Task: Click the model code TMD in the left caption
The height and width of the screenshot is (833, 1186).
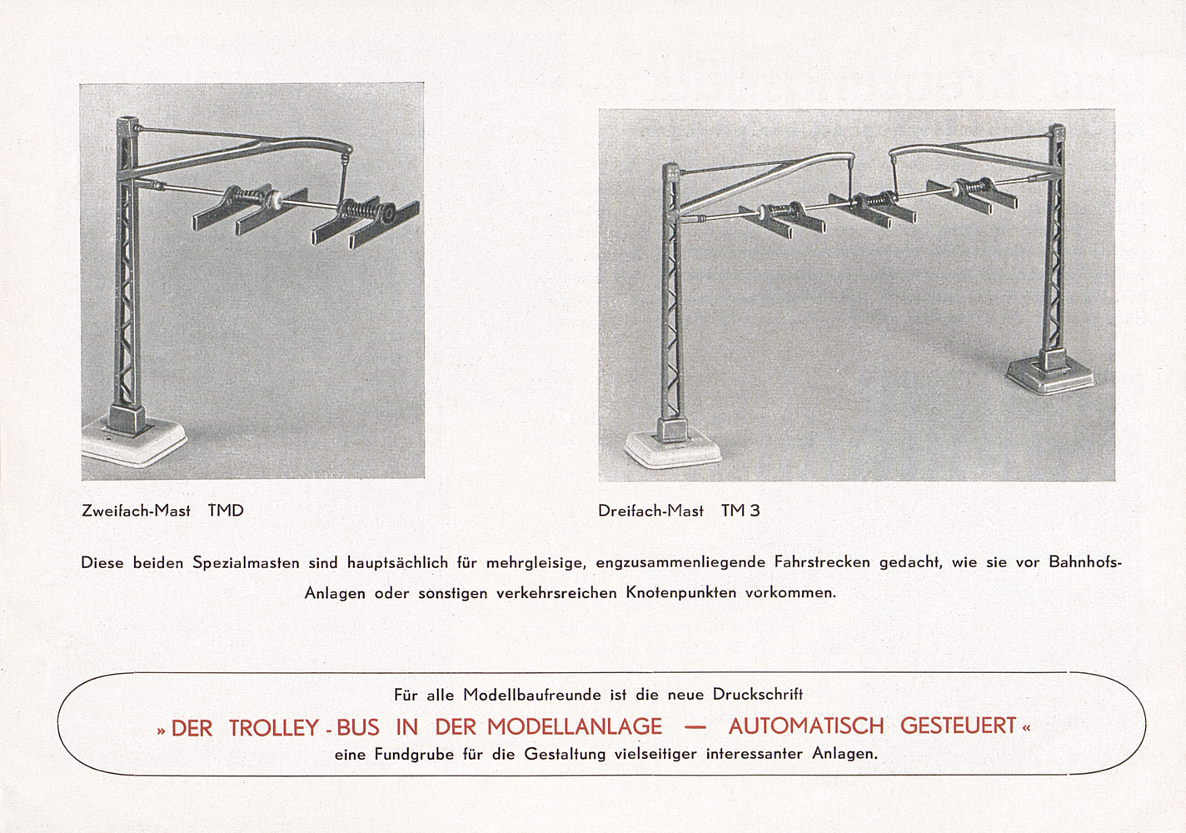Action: pyautogui.click(x=226, y=511)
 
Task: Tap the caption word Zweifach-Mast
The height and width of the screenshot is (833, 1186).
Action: pyautogui.click(x=136, y=511)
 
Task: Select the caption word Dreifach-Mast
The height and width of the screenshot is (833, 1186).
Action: pyautogui.click(x=650, y=511)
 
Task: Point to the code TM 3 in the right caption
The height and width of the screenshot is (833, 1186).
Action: pyautogui.click(x=740, y=511)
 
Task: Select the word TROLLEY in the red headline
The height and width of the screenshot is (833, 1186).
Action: pyautogui.click(x=274, y=728)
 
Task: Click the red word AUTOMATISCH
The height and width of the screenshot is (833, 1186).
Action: pyautogui.click(x=806, y=726)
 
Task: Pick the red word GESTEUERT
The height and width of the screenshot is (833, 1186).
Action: pyautogui.click(x=958, y=726)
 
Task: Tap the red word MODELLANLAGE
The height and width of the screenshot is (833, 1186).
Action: pyautogui.click(x=575, y=727)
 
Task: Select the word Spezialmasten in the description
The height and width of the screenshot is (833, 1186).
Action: pyautogui.click(x=246, y=562)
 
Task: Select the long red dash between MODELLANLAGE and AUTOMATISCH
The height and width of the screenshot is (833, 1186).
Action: pyautogui.click(x=695, y=727)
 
